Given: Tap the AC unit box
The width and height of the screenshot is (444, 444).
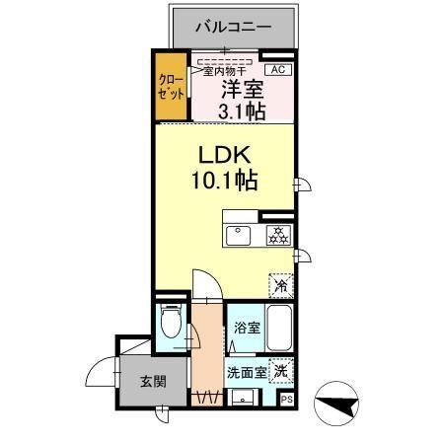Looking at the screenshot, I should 276,69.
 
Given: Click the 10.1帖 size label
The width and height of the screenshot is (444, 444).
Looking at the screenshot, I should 223,183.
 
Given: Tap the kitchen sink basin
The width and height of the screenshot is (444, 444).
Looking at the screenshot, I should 239,236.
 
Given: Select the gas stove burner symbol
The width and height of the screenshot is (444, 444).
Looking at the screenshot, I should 276,236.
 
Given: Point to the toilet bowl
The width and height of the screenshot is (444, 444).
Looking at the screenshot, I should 170,322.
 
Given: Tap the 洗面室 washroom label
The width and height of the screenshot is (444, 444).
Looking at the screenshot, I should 246,373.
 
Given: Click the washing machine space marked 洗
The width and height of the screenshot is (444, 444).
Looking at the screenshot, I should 282,372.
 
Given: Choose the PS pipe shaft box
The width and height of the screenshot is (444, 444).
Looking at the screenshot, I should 286,400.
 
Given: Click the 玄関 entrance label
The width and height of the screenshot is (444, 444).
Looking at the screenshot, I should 151,382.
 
